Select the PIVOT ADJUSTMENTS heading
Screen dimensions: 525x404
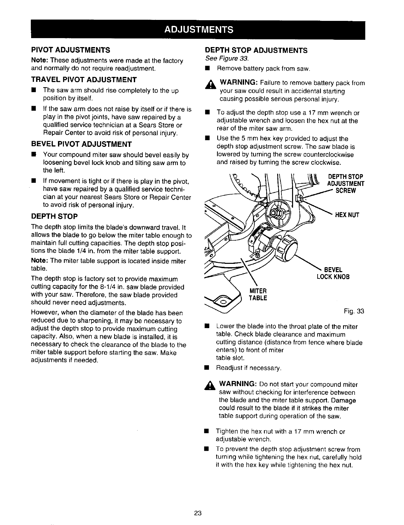click(x=71, y=50)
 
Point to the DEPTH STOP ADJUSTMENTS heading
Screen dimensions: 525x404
click(x=256, y=50)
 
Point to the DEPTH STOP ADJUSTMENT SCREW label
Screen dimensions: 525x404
click(x=345, y=184)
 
